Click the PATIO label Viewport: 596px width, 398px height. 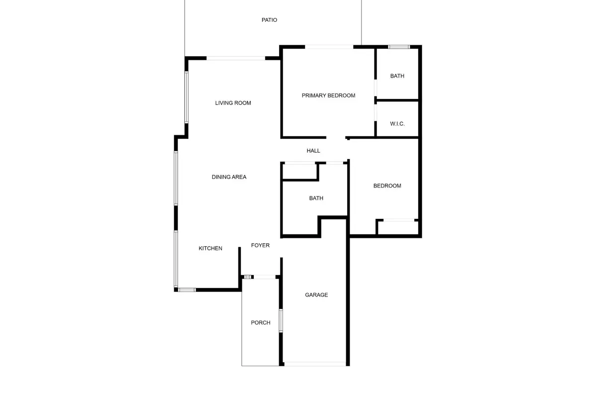269,20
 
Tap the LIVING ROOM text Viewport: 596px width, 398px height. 233,103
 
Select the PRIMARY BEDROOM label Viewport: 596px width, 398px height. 328,96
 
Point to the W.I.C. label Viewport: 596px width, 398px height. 397,124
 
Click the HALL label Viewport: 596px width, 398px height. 313,151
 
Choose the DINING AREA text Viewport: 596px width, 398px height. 229,177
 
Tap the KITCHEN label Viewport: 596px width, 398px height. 210,248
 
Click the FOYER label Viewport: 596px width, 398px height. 260,245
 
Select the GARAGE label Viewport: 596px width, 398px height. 316,295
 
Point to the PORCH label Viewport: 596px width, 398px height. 260,322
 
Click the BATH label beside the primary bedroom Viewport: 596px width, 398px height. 397,76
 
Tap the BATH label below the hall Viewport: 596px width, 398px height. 316,198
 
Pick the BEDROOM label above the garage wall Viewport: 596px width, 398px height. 387,186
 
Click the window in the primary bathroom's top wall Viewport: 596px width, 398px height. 399,47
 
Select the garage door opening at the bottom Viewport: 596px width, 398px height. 315,364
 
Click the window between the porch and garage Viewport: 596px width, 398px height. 281,320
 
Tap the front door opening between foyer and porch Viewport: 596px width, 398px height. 264,277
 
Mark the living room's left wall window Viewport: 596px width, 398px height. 187,98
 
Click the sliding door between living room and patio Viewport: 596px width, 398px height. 236,58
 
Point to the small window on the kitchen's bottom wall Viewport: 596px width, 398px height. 187,290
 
